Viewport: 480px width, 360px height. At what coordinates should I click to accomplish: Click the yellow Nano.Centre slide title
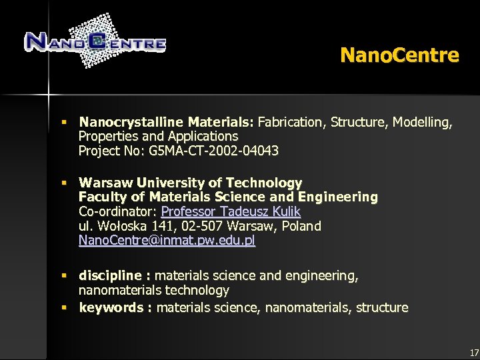[x=399, y=55]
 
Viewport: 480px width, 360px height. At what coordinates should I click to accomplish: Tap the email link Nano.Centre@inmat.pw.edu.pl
[x=167, y=241]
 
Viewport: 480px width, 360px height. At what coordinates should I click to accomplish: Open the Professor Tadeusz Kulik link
[x=231, y=212]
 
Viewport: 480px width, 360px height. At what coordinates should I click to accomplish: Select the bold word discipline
[x=110, y=275]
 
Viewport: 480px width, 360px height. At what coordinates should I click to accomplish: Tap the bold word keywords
[x=111, y=307]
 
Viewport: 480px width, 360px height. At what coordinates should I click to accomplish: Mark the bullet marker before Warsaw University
[x=65, y=183]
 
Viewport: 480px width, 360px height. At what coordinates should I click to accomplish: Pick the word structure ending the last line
[x=382, y=307]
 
